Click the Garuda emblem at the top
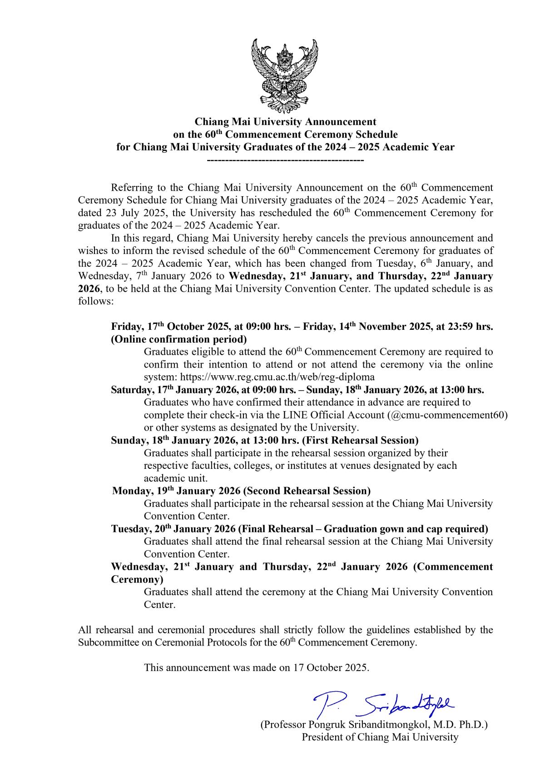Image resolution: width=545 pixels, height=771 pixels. coord(285,75)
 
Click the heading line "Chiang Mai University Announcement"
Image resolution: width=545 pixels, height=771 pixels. coord(285,122)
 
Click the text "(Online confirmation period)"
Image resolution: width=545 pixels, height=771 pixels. coord(179,339)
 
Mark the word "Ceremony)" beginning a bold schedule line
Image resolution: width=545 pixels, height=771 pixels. coord(137,579)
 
